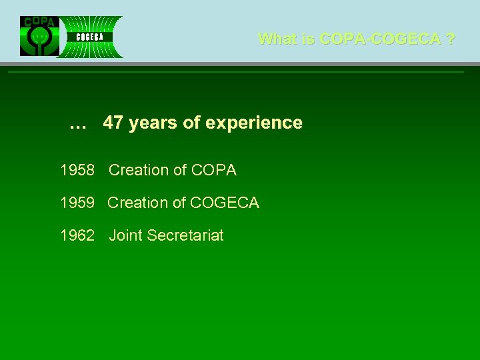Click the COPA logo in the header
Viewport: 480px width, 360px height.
(39, 36)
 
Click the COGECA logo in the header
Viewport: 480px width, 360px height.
(90, 37)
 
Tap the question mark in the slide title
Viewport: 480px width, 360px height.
(451, 39)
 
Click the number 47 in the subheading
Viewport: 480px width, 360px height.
(113, 123)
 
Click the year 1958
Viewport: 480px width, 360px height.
(77, 171)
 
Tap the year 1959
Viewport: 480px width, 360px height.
(77, 203)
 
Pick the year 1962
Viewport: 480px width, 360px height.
(77, 235)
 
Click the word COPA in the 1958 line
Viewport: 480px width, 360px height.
(213, 171)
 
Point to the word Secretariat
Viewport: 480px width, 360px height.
(185, 235)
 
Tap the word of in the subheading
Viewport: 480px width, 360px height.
(193, 123)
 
